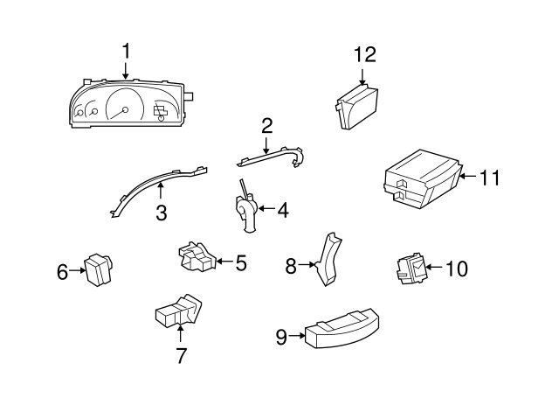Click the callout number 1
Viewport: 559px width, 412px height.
(x=126, y=51)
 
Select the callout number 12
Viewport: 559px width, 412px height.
(x=365, y=55)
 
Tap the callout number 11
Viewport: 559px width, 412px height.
(x=490, y=178)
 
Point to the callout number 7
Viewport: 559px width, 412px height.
(x=181, y=355)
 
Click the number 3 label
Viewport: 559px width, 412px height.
(x=161, y=213)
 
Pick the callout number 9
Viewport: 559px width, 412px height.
(x=281, y=337)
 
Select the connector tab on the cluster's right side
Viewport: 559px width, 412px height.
(x=189, y=96)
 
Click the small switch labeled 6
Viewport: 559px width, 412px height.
(x=97, y=269)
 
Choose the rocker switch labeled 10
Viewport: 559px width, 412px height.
(x=411, y=269)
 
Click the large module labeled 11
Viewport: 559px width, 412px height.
(x=423, y=178)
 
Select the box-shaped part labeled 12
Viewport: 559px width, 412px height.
(x=356, y=107)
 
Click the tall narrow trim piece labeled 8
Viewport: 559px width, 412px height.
(x=328, y=259)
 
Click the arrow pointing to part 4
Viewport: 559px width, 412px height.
(x=266, y=208)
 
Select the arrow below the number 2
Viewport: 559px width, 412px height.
(x=266, y=146)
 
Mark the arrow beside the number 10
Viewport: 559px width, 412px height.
(x=434, y=267)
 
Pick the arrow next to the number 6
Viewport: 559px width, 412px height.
(x=77, y=270)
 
